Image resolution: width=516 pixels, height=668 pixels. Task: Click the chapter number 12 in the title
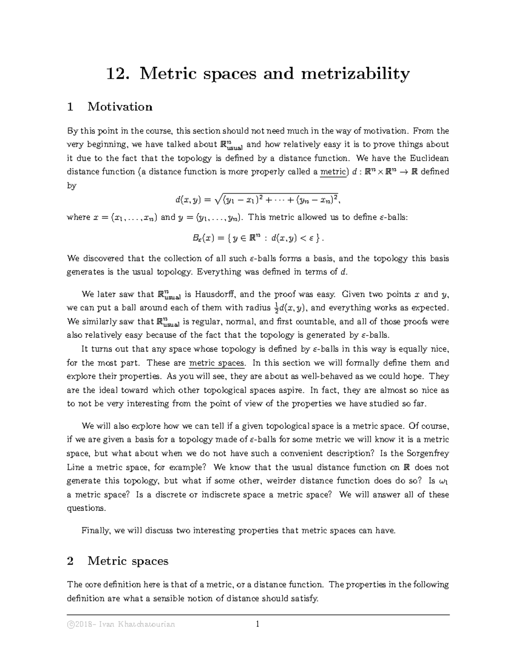(116, 74)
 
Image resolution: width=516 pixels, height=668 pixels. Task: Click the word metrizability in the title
(355, 74)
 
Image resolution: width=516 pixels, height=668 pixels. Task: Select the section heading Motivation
(120, 107)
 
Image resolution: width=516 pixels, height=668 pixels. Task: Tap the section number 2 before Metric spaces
(71, 561)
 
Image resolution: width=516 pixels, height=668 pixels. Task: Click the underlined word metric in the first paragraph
(333, 172)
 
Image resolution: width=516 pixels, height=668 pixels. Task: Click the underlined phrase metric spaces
(217, 363)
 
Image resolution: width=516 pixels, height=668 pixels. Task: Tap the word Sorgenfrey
(427, 453)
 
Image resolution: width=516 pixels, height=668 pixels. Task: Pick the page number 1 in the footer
(257, 624)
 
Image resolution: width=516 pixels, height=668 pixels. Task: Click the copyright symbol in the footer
(71, 624)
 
